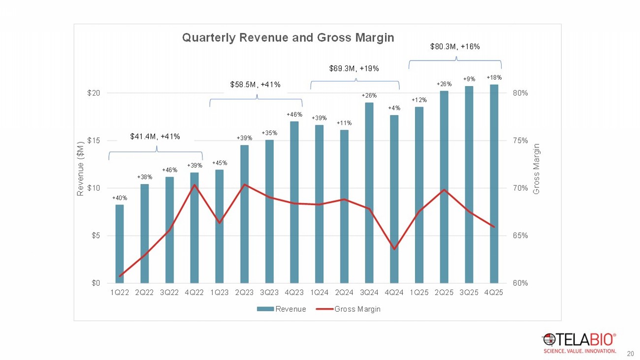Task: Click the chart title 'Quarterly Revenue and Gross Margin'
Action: pos(288,38)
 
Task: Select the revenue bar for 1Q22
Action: pos(119,243)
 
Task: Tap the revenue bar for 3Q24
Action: pos(369,192)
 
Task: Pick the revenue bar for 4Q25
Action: pos(494,183)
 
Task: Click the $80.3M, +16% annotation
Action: pos(455,47)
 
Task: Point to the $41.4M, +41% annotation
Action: pos(155,136)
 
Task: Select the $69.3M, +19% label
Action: pos(354,68)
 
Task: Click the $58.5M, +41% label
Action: pos(256,85)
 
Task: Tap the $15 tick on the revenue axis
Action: pos(94,140)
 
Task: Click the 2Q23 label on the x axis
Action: pos(244,293)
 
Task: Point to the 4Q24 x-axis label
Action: pos(394,293)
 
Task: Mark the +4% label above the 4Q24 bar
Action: pos(394,108)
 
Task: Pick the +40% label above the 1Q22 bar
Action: pos(119,198)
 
